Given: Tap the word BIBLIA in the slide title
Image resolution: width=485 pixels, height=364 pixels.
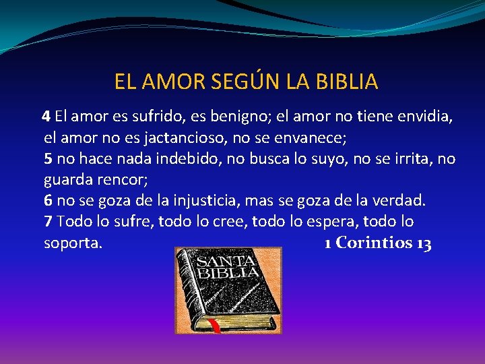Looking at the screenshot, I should (344, 82).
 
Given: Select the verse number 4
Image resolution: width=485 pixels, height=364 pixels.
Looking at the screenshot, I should (46, 116).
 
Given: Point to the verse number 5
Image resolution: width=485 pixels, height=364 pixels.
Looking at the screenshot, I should (48, 159).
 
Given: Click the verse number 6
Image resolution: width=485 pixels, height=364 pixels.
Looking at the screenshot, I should (48, 200).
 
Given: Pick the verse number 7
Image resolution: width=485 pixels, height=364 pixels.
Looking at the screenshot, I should (48, 221).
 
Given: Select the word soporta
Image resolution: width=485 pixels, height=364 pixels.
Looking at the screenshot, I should (73, 243).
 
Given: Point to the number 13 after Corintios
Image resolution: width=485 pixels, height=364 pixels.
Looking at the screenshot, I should (424, 243).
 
